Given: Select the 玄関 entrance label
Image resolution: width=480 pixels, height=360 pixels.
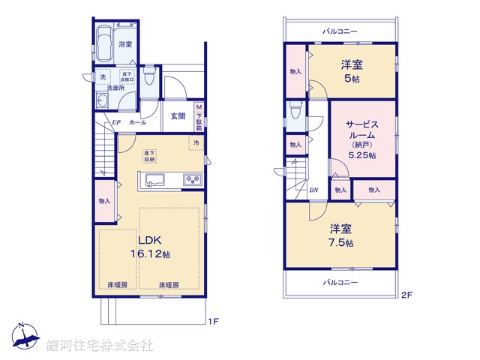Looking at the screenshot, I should [x=178, y=115].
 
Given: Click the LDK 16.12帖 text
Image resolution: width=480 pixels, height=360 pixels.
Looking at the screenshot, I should [x=154, y=248].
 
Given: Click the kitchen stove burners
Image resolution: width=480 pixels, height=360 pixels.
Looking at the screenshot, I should [x=192, y=180].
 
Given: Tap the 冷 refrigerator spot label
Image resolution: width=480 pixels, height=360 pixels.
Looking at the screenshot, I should [x=196, y=142].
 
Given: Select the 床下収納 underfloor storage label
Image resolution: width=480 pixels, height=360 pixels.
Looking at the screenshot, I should [x=149, y=156].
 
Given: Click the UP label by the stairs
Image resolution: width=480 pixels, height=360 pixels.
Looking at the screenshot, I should [x=117, y=122].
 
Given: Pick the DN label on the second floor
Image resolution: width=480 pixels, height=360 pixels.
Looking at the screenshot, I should [x=313, y=190].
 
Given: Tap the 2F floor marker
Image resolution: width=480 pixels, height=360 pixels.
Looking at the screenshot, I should [x=406, y=295].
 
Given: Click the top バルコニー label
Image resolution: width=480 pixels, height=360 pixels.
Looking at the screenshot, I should [x=340, y=31].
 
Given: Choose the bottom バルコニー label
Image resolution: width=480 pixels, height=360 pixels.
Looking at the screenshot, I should [x=340, y=282].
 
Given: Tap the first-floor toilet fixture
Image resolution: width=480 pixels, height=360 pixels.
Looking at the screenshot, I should [x=149, y=79].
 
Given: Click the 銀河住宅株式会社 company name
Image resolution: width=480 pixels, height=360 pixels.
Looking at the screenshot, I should [x=100, y=346].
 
